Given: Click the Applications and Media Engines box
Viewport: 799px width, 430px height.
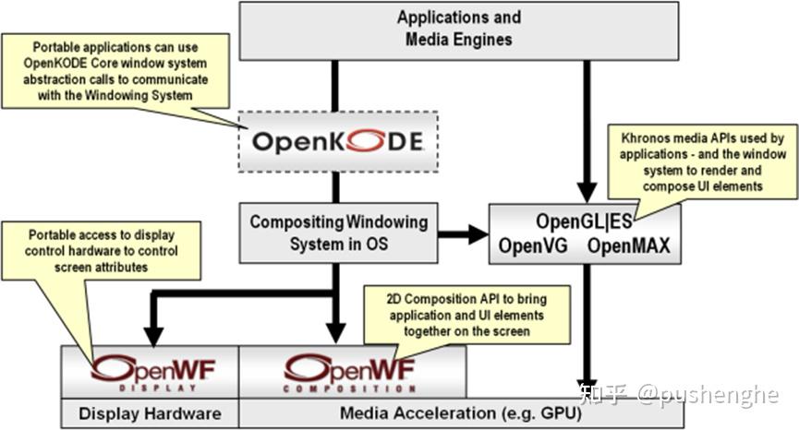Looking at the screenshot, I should coord(459,30).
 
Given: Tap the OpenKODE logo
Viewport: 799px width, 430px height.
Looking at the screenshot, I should coord(337,141).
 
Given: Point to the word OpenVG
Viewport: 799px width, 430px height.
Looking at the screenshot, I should coord(532,246).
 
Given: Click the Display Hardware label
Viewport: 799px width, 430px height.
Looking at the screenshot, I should coord(150,414).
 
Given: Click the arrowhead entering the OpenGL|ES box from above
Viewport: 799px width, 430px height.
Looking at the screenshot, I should coord(584,193).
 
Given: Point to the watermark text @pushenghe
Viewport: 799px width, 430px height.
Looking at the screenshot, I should coord(710,395).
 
